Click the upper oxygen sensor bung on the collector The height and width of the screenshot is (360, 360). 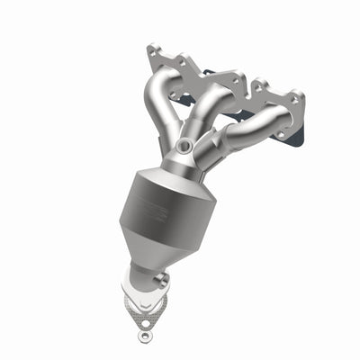pyautogui.click(x=184, y=145)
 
